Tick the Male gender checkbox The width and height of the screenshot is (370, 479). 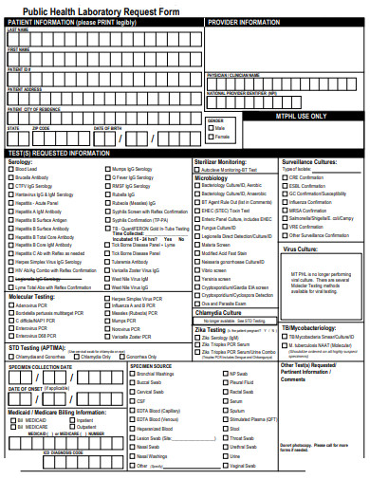coord(212,127)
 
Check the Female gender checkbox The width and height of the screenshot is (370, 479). coord(212,137)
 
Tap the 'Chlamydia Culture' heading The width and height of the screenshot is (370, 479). coord(221,339)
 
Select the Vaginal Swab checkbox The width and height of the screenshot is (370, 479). coord(225,466)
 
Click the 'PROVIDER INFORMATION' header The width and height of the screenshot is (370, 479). coord(244,21)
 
